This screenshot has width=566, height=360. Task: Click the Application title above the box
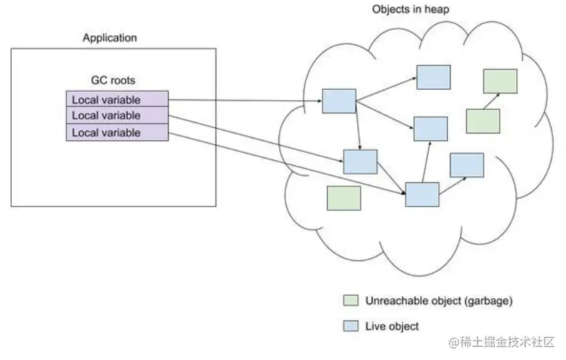110,38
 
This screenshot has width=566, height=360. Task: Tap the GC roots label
113,80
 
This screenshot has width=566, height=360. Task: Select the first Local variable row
117,99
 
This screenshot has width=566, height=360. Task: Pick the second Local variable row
117,115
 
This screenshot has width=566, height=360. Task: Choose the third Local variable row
117,132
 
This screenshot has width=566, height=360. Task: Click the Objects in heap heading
411,10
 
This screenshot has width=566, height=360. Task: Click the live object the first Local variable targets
339,101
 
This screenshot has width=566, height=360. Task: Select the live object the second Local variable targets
360,162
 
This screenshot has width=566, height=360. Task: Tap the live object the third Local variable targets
422,195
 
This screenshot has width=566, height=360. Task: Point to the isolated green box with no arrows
344,198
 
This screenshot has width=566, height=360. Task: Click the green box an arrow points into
500,82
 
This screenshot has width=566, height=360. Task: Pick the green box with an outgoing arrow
483,122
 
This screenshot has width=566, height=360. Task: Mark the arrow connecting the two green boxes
491,102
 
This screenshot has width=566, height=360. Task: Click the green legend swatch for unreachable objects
351,301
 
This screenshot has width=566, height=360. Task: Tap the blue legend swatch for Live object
351,326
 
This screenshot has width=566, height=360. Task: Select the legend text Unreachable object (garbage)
439,301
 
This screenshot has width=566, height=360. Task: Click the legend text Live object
392,326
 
